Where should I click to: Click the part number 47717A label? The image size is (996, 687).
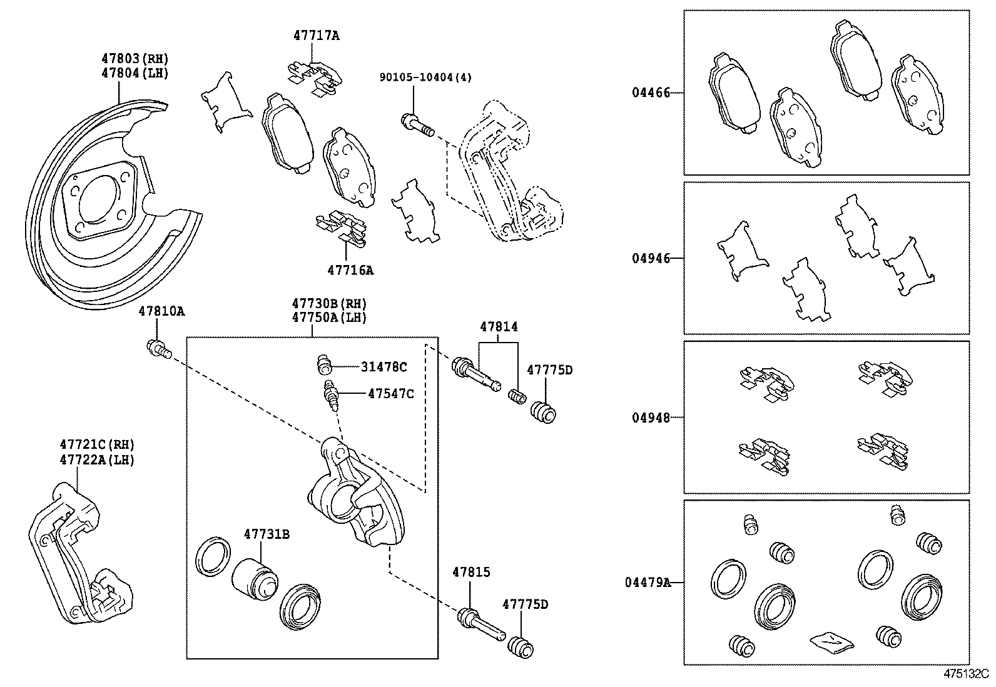tap(316, 36)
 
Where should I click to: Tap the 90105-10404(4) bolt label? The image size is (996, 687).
tap(425, 77)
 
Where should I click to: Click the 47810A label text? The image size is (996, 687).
tap(161, 311)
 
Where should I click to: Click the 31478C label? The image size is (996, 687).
tap(384, 367)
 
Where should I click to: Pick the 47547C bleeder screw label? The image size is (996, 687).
tap(390, 393)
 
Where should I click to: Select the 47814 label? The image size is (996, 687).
tap(499, 326)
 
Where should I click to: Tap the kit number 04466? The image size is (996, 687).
tap(650, 93)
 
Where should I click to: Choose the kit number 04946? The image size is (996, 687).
tap(650, 258)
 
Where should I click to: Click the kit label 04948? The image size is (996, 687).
tap(650, 417)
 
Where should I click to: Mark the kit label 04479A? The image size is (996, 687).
tap(647, 582)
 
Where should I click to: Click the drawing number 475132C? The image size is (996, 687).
tap(965, 675)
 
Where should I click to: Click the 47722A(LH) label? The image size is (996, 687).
tap(97, 459)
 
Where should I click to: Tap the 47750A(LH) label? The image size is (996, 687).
tap(328, 317)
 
